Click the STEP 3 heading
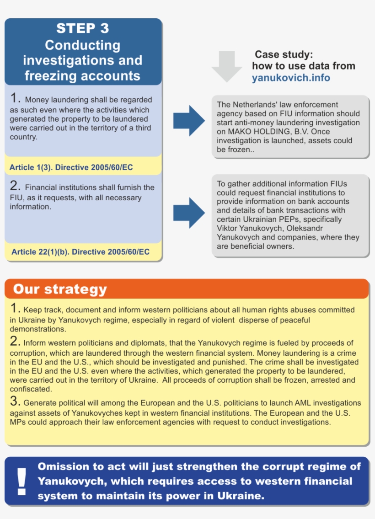click(83, 28)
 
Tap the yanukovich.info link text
click(291, 78)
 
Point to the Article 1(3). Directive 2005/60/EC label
click(71, 168)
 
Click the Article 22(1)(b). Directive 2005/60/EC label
click(80, 252)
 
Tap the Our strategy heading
click(59, 289)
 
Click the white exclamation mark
click(21, 481)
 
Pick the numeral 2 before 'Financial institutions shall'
click(15, 187)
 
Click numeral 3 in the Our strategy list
click(15, 402)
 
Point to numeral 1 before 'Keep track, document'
click(15, 309)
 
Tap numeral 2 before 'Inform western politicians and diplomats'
click(15, 342)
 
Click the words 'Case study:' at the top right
click(284, 54)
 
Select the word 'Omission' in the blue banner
click(63, 466)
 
